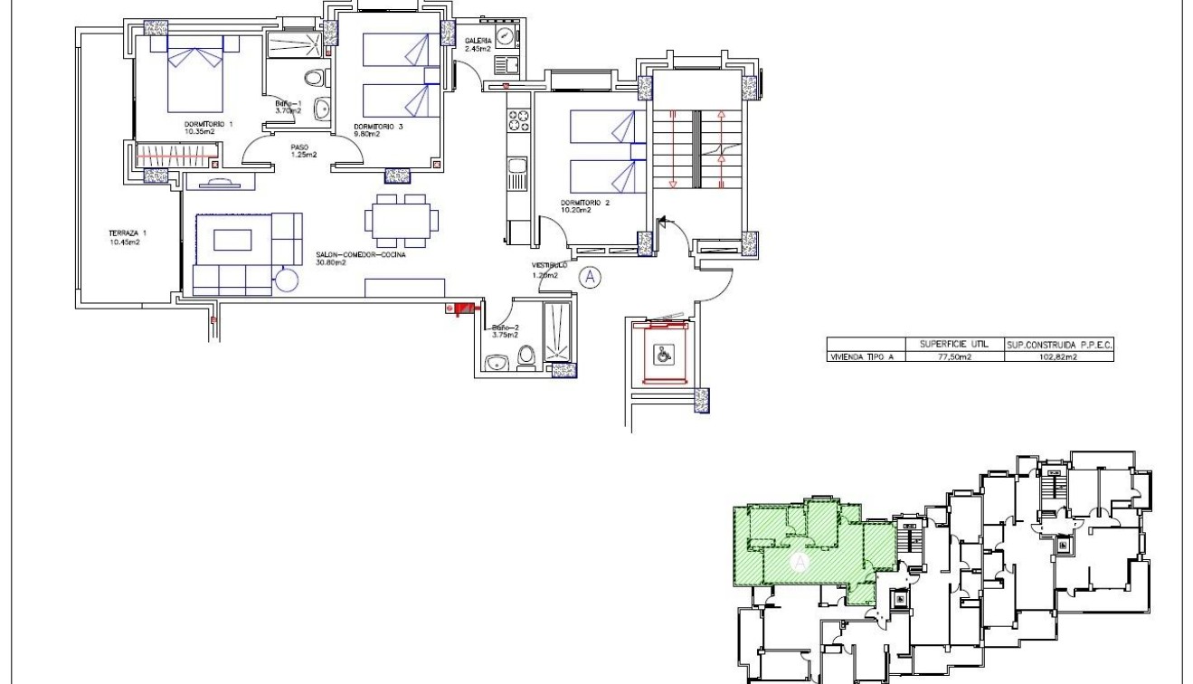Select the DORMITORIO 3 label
coord(377,126)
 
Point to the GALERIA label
coord(478,41)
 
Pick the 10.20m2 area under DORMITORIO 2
coord(576,210)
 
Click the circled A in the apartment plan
coord(590,277)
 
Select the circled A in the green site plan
coord(799,564)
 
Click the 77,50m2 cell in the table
coord(953,357)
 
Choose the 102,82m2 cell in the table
coord(1058,357)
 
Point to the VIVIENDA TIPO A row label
coord(866,357)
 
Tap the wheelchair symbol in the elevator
coord(665,355)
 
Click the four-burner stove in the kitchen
coord(520,124)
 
